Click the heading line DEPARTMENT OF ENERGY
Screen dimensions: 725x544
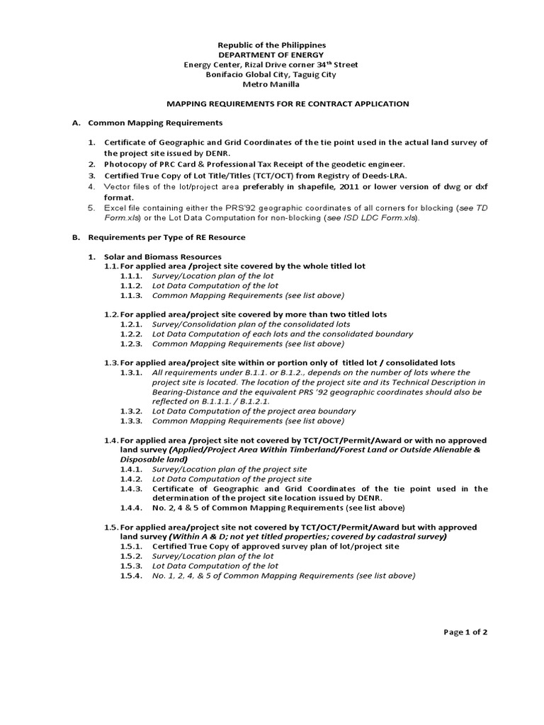tap(271, 55)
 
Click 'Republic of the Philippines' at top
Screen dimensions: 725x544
tap(271, 45)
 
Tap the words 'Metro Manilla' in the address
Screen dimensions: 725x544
tap(271, 84)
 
